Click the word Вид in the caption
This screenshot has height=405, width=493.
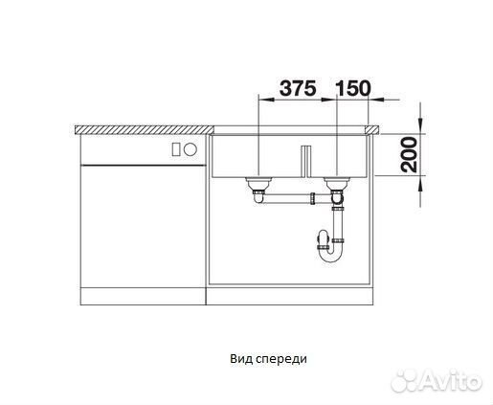click(x=240, y=358)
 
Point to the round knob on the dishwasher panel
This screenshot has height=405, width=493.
click(x=190, y=149)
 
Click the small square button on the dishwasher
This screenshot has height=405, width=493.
click(x=175, y=149)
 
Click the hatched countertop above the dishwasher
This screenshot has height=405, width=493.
click(x=144, y=126)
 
